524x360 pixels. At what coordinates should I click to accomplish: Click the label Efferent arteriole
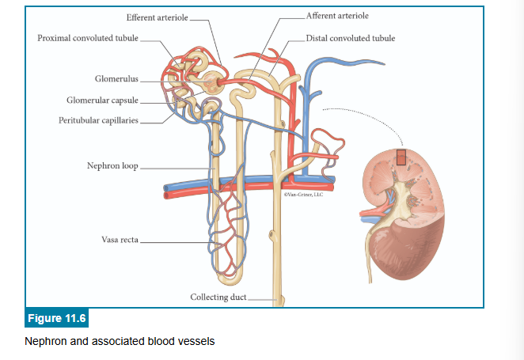[x=157, y=17]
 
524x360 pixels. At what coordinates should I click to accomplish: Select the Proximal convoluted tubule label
[x=88, y=38]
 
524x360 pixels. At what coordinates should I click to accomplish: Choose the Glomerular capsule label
[x=102, y=100]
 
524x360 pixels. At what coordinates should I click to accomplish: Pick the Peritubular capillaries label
[x=98, y=121]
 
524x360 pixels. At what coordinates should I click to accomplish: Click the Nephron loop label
[x=112, y=166]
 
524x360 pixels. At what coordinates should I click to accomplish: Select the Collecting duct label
[x=218, y=297]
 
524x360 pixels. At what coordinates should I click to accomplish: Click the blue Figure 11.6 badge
[x=57, y=319]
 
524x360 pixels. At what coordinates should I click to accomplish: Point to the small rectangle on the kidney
[x=401, y=157]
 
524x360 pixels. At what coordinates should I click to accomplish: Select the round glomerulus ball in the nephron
[x=213, y=81]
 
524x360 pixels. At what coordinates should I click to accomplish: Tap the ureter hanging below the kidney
[x=367, y=257]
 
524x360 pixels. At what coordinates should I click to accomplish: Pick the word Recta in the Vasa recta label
[x=131, y=239]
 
